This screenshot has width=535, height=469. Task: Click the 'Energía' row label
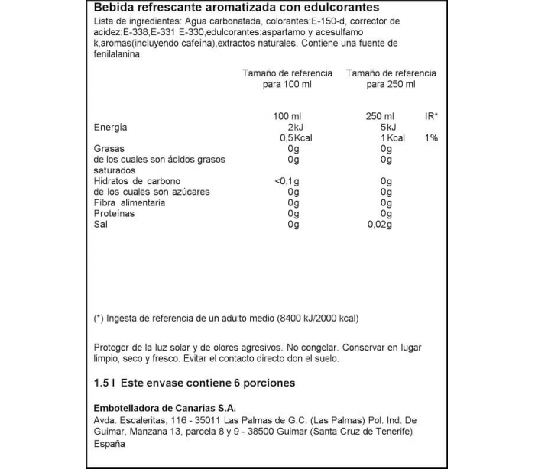pyautogui.click(x=110, y=127)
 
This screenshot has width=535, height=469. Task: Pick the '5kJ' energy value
pyautogui.click(x=387, y=127)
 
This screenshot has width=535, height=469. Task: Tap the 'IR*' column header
pyautogui.click(x=431, y=115)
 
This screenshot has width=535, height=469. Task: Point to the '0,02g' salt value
pyautogui.click(x=379, y=225)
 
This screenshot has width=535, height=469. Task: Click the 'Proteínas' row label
pyautogui.click(x=115, y=214)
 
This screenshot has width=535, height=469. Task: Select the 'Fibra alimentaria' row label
pyautogui.click(x=128, y=203)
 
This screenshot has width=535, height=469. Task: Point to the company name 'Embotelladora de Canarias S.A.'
pyautogui.click(x=162, y=406)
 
